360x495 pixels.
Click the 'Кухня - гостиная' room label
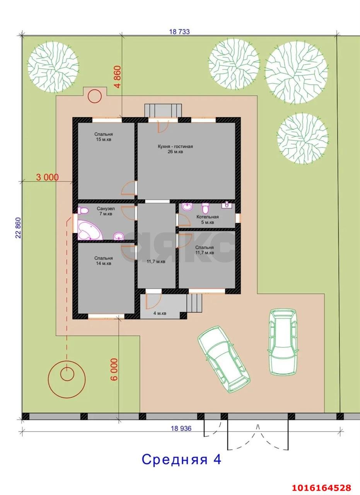point(175,147)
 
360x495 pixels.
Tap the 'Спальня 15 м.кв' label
point(103,137)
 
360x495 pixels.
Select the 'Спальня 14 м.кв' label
point(103,261)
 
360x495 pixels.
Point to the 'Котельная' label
point(208,217)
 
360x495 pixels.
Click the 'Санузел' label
point(106,208)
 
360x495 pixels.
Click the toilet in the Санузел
point(83,210)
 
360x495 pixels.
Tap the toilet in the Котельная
point(205,208)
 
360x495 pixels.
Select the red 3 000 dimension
point(48,177)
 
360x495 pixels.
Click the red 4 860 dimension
point(118,77)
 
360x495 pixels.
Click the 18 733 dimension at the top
point(179,32)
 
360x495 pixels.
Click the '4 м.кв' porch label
point(160,313)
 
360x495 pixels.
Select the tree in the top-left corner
point(53,67)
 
